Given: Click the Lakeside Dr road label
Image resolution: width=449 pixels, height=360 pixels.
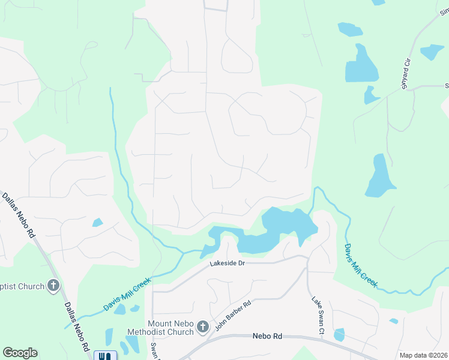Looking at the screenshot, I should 228,263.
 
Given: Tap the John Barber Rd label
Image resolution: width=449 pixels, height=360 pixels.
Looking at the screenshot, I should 232,314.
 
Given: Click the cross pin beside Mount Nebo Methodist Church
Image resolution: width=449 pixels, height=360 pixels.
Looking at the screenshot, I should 203,327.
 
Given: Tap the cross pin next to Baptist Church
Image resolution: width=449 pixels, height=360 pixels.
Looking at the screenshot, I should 53,286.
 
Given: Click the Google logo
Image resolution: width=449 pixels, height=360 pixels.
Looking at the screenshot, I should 20,353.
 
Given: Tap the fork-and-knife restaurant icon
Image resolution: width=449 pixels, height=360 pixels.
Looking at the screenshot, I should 106,355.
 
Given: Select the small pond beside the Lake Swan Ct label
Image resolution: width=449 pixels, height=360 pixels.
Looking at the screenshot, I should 339,335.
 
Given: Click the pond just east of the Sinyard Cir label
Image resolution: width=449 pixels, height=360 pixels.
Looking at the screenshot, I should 432,52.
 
